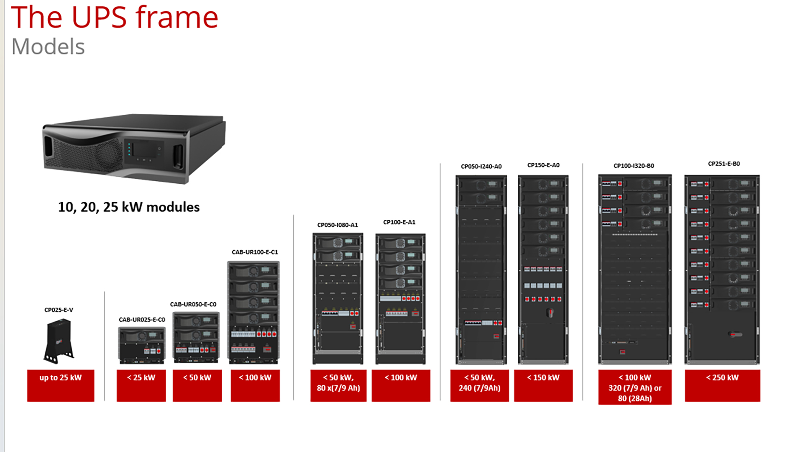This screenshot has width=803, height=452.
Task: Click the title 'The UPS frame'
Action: pos(115,18)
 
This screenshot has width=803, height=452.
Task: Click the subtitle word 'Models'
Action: pos(48,46)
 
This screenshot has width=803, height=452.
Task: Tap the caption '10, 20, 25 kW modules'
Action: pos(129,207)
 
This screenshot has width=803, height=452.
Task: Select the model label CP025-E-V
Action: pos(59,310)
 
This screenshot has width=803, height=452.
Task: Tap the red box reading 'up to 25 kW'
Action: pos(61,385)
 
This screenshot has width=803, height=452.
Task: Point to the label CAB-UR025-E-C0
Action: pos(142,320)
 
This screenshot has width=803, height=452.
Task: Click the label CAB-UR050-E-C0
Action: pos(193,304)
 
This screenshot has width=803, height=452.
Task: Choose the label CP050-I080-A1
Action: pos(338,225)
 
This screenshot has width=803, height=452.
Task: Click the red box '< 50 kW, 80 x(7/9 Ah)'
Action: pos(338,385)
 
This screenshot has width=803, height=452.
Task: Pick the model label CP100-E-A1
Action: pos(399,222)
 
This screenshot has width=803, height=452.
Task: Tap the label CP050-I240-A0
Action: pos(481,167)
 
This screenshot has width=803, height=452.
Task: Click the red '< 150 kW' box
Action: pos(543,385)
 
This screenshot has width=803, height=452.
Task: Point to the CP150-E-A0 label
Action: pos(543,165)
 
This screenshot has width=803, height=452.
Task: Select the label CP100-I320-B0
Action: pos(634,166)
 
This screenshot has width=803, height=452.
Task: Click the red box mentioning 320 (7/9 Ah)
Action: pos(635,387)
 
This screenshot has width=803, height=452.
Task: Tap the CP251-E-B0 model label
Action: pos(724,164)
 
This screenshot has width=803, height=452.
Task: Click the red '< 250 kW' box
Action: pos(722,385)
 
